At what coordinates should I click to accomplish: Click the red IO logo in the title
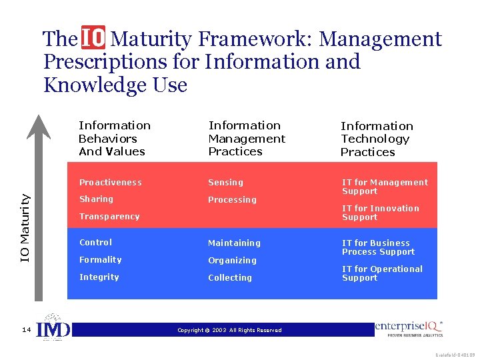93,39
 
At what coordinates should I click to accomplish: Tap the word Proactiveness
110,183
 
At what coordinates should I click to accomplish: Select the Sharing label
96,199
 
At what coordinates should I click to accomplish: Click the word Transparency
109,217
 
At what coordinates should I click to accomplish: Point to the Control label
95,243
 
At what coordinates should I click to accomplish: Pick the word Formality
100,260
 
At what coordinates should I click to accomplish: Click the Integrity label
99,277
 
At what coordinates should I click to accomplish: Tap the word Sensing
225,183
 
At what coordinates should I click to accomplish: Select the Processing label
232,200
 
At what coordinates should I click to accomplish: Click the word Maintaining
234,243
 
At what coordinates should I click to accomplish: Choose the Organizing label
232,261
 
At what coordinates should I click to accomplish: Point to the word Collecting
230,278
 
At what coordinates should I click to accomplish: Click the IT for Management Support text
385,187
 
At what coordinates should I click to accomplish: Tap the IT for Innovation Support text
380,213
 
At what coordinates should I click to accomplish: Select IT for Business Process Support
378,247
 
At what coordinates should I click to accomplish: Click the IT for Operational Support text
382,273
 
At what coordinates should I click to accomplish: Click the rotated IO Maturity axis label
25,227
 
